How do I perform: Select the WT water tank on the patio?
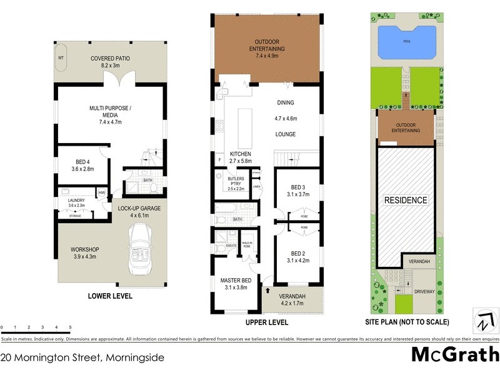click(61, 57)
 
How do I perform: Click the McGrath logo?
click(455, 355)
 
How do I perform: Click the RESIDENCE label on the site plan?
click(406, 201)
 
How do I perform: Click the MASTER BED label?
click(236, 281)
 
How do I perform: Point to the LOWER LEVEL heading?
click(110, 296)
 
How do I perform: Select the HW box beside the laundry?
click(101, 192)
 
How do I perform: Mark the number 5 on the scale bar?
click(70, 327)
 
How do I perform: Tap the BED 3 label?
click(297, 187)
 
